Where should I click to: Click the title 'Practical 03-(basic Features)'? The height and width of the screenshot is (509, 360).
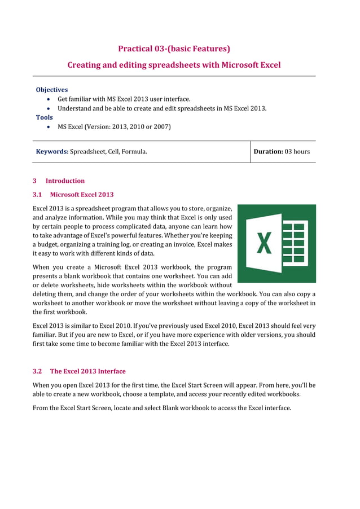click(174, 49)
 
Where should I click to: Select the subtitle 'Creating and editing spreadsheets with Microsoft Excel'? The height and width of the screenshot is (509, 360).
click(174, 65)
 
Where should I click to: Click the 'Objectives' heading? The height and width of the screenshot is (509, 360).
click(51, 90)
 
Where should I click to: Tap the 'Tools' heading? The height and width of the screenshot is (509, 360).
click(44, 117)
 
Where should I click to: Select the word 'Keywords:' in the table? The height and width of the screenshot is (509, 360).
click(52, 151)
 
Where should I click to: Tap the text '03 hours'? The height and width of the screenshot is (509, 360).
click(297, 151)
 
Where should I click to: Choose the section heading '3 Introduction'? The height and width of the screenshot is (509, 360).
click(59, 181)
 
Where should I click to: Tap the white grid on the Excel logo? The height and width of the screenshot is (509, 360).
click(294, 243)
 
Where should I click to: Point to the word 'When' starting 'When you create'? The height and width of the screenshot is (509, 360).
click(41, 267)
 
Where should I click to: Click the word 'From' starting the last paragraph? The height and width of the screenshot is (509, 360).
click(41, 407)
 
